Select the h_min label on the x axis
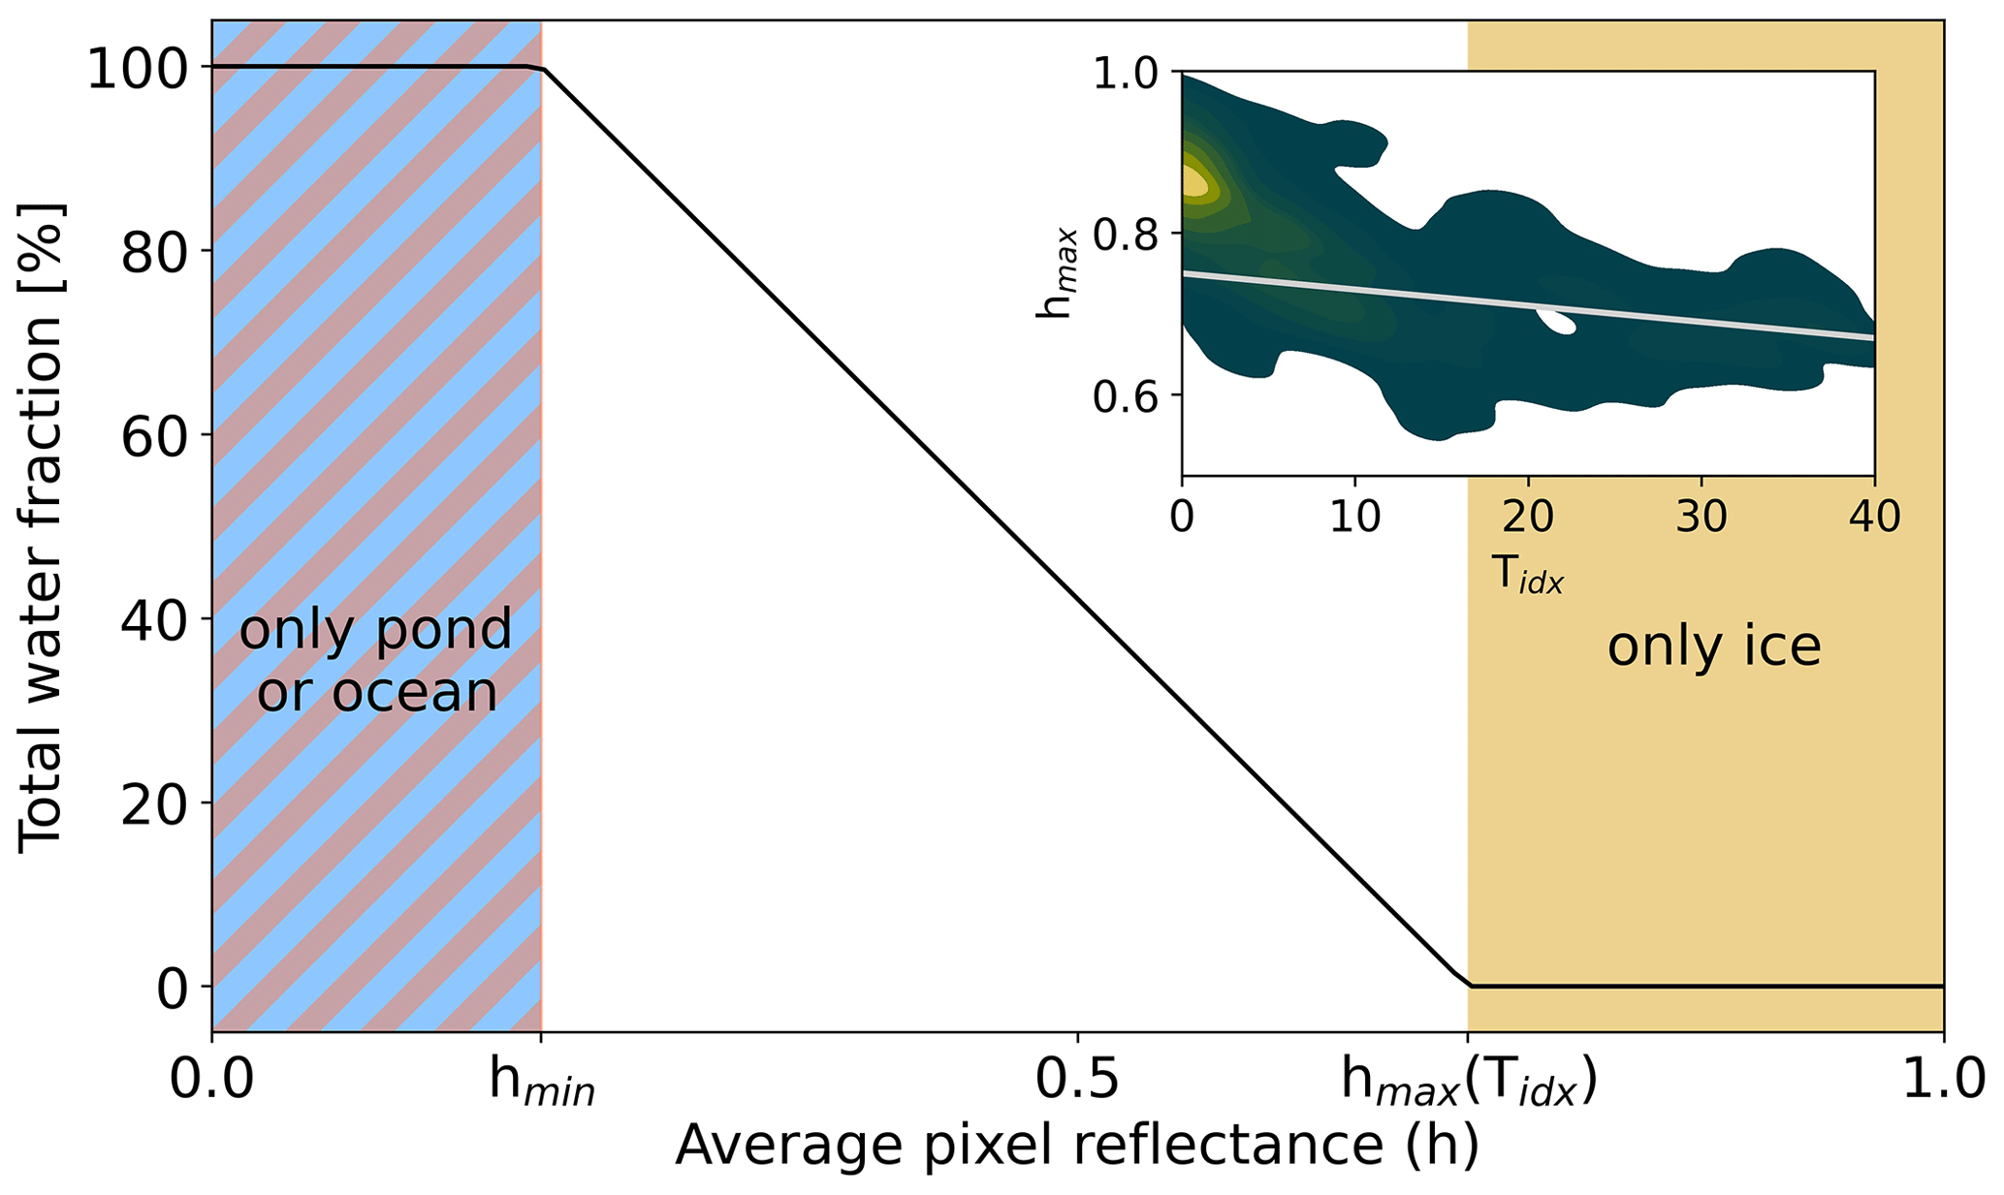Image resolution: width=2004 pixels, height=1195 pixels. pos(541,1084)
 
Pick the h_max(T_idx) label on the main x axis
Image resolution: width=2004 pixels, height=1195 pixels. pos(1468,1084)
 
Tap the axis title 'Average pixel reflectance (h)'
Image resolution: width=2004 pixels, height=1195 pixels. pos(1077,1146)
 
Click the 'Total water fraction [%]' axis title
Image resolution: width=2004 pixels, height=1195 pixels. pos(41,528)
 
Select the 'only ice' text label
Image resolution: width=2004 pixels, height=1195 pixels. pos(1714,646)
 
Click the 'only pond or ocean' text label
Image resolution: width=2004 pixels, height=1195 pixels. pos(376,661)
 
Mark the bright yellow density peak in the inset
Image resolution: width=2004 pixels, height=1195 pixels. pos(1193,181)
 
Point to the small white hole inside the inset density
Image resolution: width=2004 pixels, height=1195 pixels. pos(1554,321)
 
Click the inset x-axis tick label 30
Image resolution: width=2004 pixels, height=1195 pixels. pos(1702,518)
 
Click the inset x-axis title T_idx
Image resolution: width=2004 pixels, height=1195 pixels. pos(1528,575)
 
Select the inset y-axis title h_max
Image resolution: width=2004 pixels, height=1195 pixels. pos(1056,273)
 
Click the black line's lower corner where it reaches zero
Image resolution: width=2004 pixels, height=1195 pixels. pos(1469,985)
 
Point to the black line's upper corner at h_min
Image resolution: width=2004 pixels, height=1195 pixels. pos(541,69)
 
